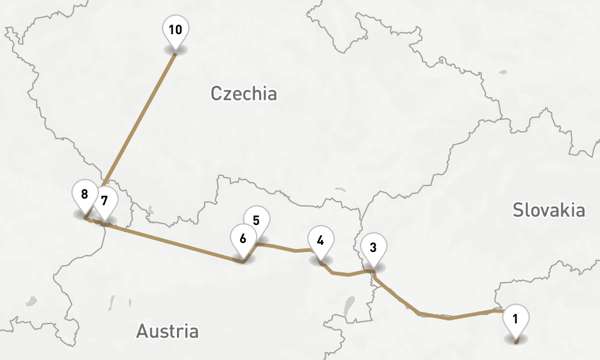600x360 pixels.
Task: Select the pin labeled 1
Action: (516, 317)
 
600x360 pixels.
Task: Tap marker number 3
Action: (373, 247)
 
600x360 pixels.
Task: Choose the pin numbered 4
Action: (320, 241)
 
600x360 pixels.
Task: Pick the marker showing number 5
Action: (257, 220)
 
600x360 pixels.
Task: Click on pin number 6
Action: (243, 238)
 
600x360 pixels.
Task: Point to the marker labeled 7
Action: (105, 200)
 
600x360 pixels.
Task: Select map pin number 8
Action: (85, 194)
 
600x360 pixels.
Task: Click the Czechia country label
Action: (244, 94)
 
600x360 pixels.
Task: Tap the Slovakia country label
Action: (548, 210)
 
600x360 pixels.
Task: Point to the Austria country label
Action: (167, 331)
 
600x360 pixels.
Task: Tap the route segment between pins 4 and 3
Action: (348, 274)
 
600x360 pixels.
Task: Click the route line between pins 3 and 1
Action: (450, 317)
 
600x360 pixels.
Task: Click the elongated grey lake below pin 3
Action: (348, 305)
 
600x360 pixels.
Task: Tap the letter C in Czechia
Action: (217, 94)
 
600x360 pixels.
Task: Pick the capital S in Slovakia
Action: (518, 210)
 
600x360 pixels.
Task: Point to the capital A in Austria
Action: (143, 331)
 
